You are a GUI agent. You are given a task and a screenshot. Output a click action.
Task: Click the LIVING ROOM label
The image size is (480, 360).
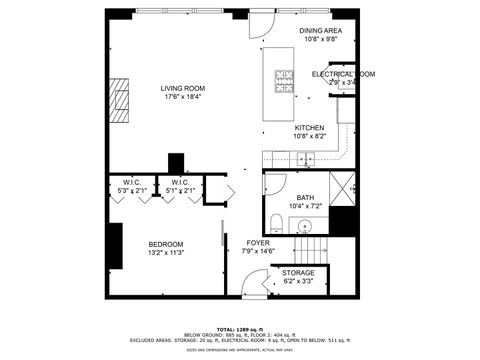pos(182,88)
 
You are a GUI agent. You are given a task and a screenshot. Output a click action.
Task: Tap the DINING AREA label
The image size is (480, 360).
pos(320,31)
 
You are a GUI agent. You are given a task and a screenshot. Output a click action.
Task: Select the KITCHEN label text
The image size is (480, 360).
pos(309,128)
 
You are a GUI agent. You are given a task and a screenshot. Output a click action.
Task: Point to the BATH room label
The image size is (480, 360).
pos(305,198)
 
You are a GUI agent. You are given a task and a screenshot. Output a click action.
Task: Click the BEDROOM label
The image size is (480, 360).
pos(166,244)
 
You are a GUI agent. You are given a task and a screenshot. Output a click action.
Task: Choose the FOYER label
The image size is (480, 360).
pos(259,243)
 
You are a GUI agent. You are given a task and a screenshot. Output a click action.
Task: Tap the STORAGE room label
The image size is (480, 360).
pos(298,273)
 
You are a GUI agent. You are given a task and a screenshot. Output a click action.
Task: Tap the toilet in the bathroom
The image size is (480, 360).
pos(277,220)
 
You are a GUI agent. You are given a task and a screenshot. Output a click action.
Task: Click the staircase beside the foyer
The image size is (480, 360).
pos(310,249)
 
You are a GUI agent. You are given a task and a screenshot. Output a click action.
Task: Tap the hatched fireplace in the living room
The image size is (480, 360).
pos(120,99)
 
